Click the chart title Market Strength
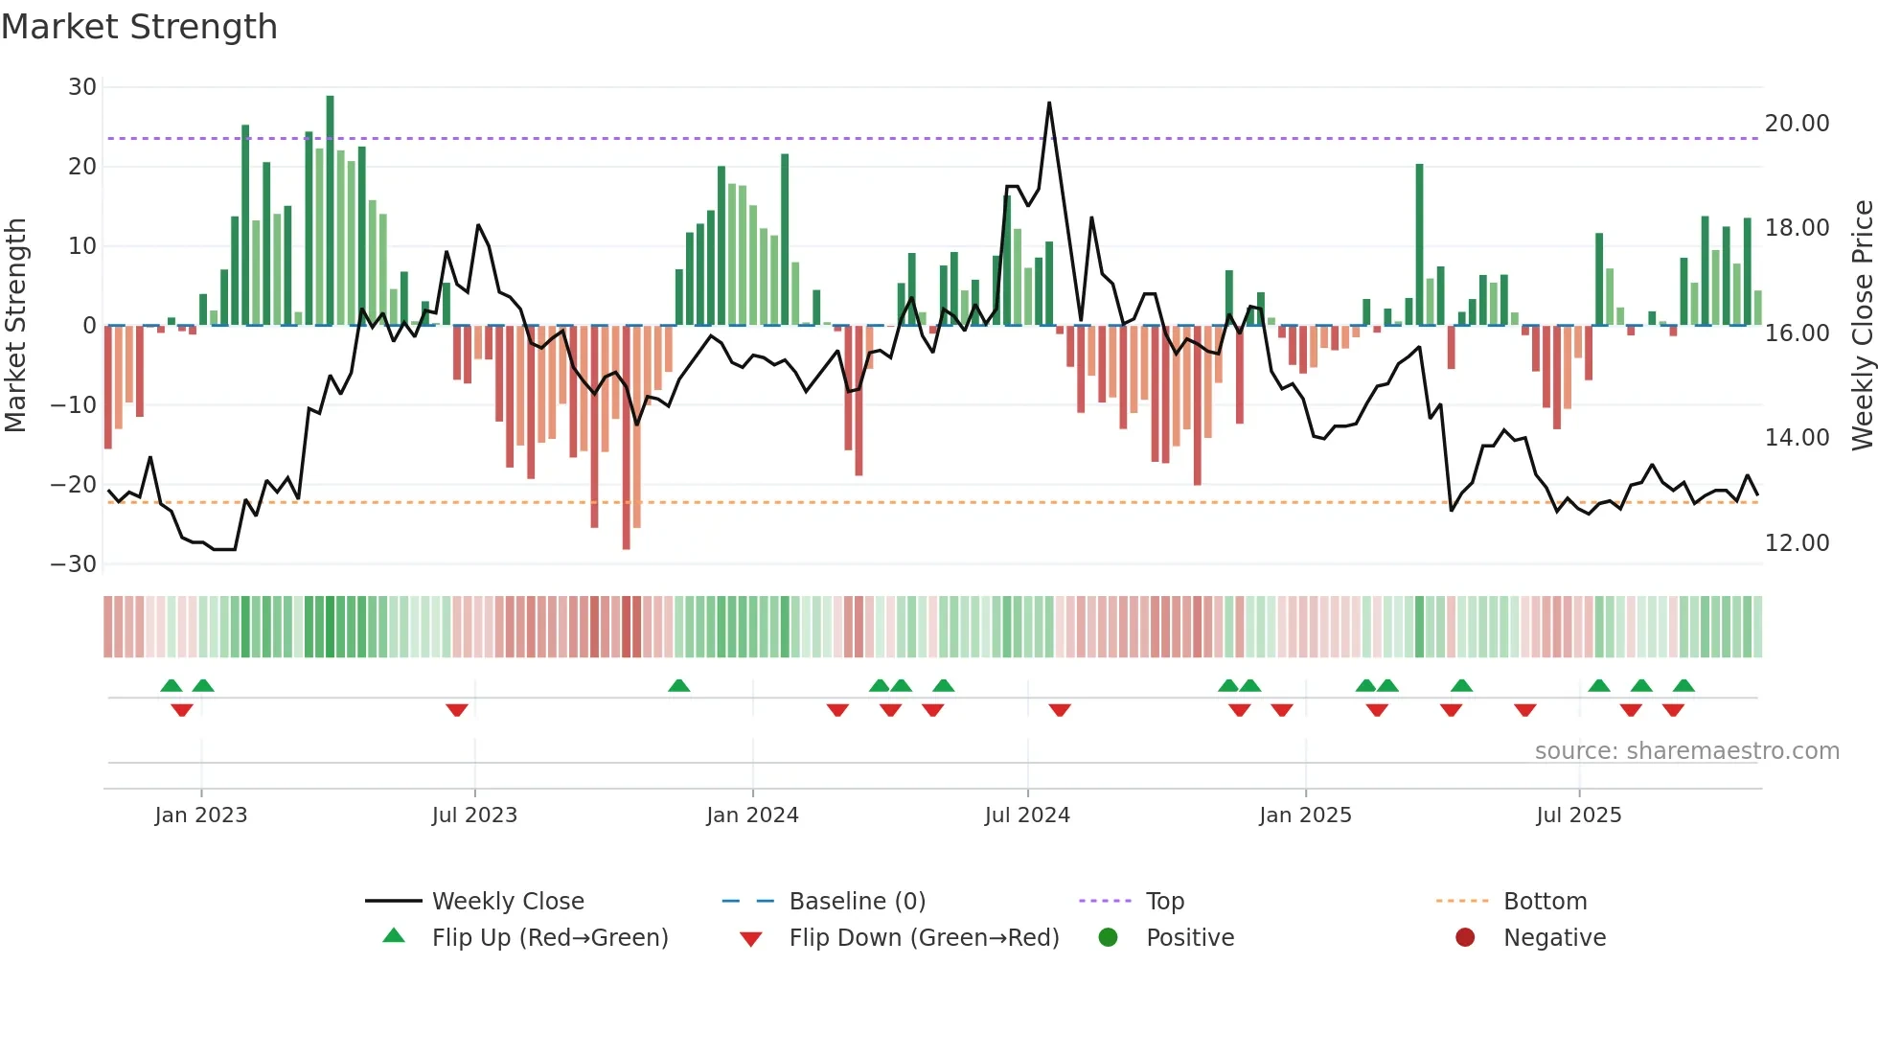140,27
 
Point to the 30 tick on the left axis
82,87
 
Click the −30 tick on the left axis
74,563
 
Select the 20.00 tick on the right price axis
1797,124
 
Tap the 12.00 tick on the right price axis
1797,543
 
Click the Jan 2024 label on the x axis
752,815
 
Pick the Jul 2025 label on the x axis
1578,815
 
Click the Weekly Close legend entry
507,902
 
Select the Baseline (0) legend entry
857,902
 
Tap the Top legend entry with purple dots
1164,902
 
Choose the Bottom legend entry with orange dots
1545,902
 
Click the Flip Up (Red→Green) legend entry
549,938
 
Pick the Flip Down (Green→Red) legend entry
924,938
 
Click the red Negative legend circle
1465,938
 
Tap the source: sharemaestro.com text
1686,751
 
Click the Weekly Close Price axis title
1862,326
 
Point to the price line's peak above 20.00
1049,103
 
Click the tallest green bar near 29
330,211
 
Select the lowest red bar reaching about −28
626,437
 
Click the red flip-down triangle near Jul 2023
457,710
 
